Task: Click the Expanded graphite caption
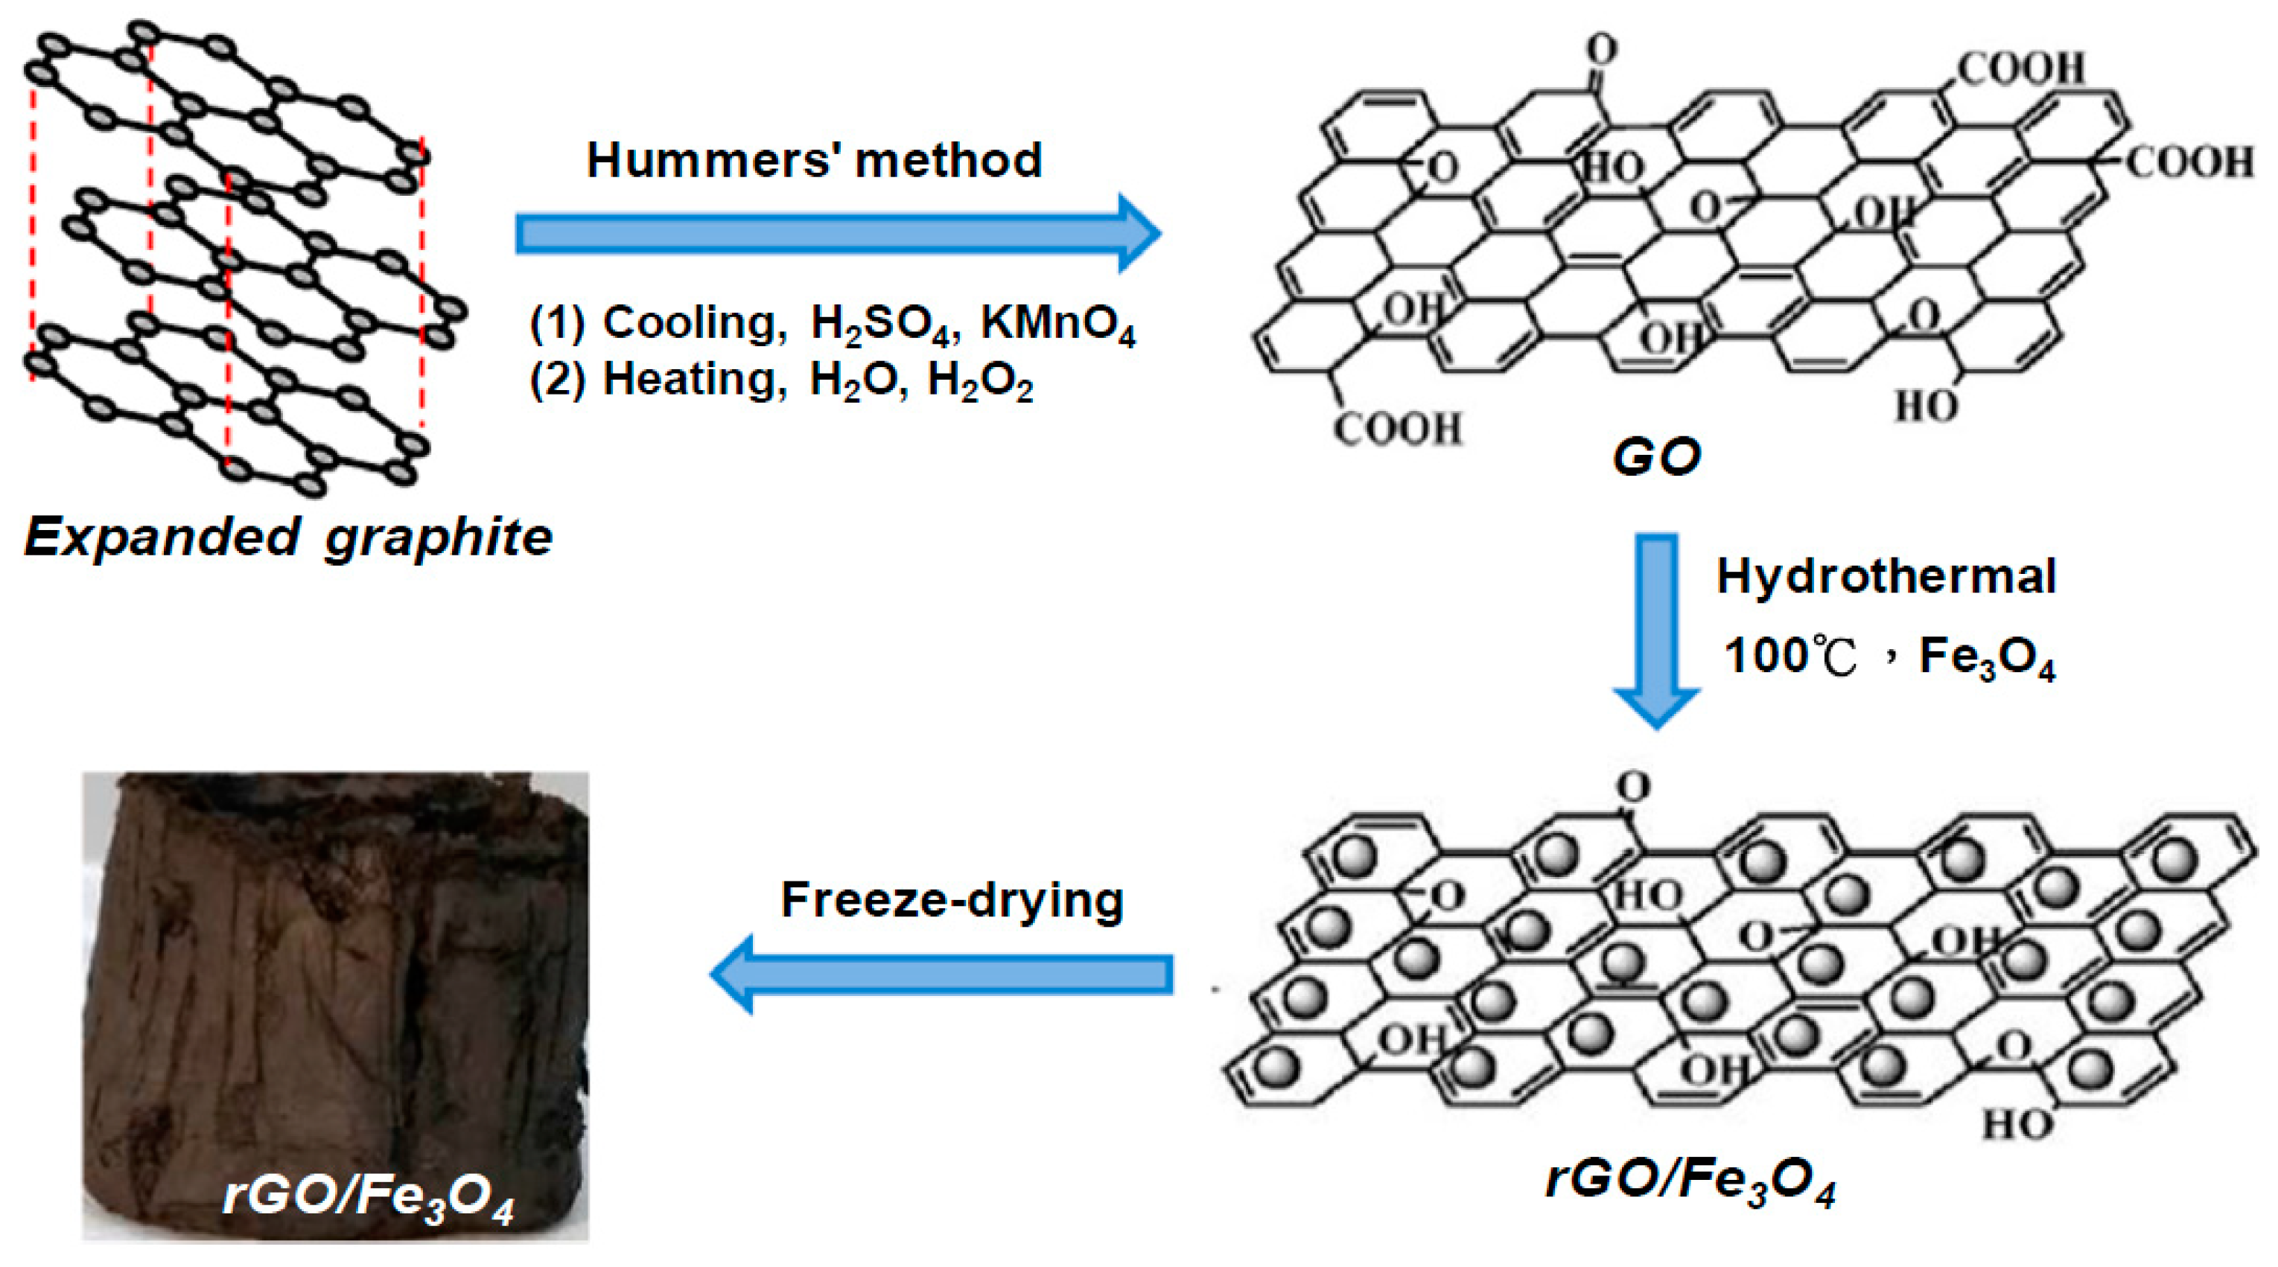[288, 537]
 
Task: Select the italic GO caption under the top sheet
[1655, 457]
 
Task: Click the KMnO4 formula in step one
[1057, 324]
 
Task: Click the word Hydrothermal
[1886, 576]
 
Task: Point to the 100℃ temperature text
[1790, 657]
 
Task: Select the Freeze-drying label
[952, 900]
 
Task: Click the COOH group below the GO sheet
[1397, 429]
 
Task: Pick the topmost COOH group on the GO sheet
[2020, 68]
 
